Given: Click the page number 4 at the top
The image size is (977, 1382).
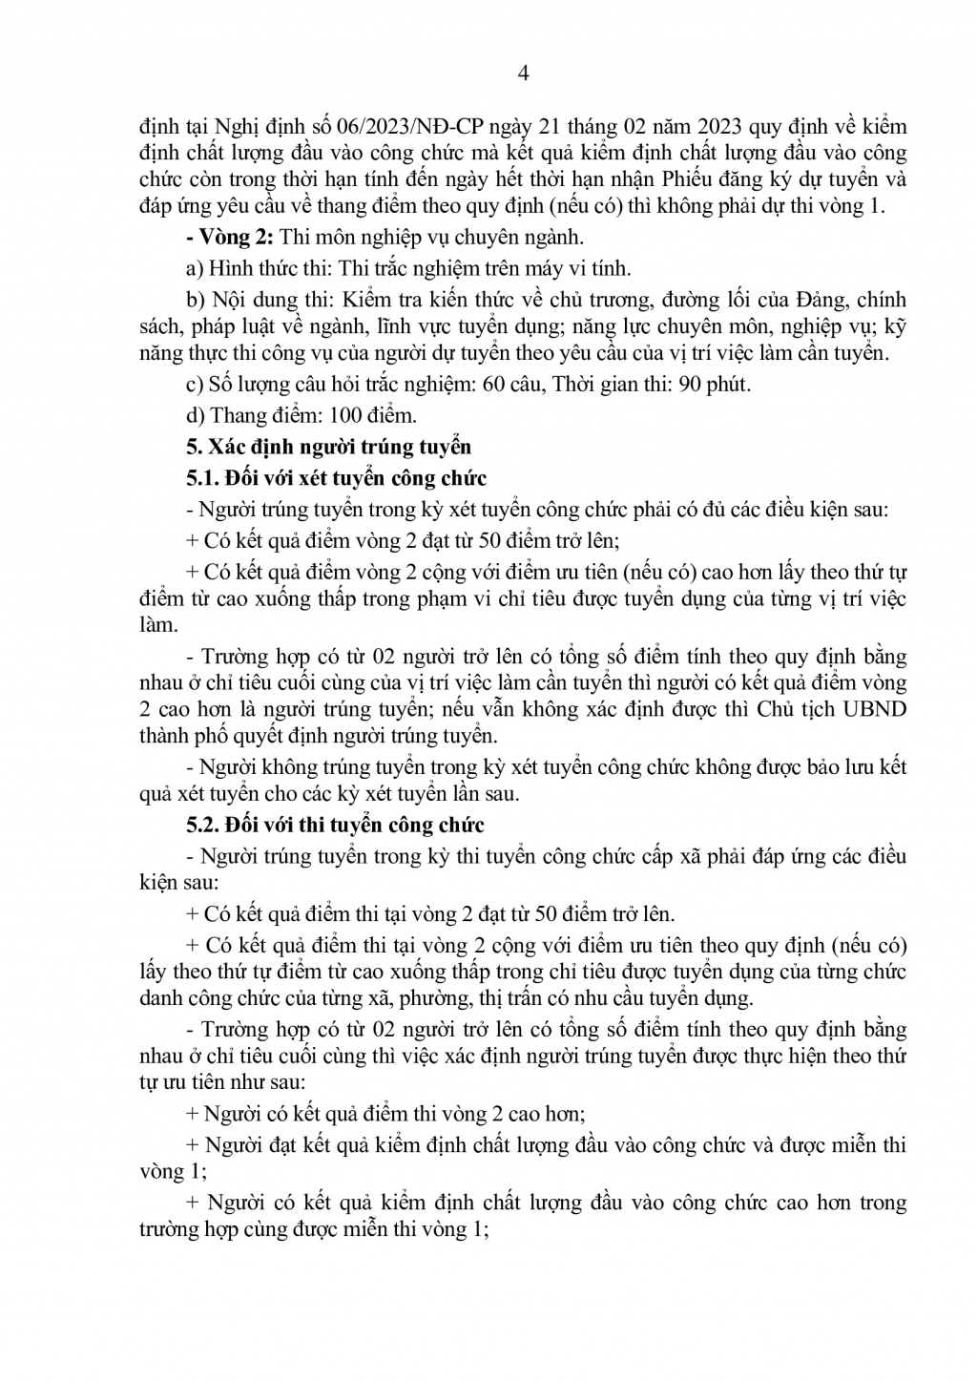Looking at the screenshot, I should pos(521,73).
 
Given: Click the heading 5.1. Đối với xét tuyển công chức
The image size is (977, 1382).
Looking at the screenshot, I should pos(336,478).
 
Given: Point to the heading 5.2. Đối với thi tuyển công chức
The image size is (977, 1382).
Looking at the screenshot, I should pos(335,825).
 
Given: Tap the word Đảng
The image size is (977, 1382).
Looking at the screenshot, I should pos(820,301).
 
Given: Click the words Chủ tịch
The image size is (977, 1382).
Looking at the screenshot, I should pos(793,710).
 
